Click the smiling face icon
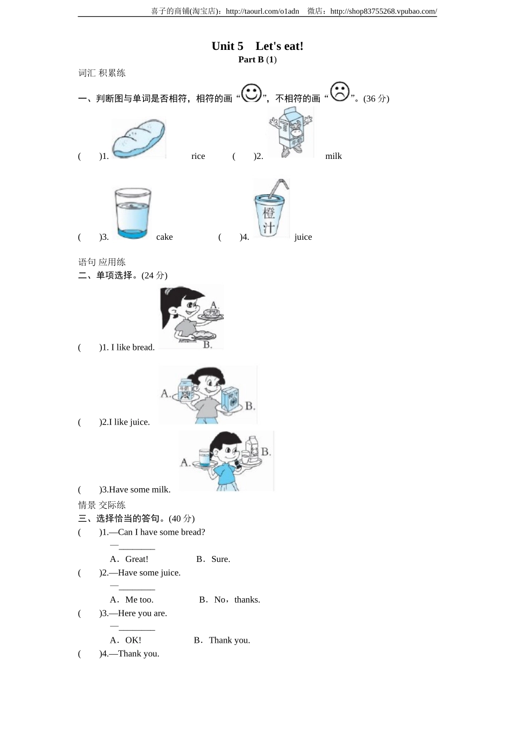251,93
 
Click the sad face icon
340,92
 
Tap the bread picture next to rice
139,139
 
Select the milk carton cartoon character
291,132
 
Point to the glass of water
132,213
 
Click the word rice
198,156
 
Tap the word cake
164,237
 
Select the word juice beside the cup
303,237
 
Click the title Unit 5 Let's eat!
257,46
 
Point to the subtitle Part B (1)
257,60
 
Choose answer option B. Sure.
213,559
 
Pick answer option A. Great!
129,559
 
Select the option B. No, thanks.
229,600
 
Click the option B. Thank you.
222,641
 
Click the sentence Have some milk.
140,490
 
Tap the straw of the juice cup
279,187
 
